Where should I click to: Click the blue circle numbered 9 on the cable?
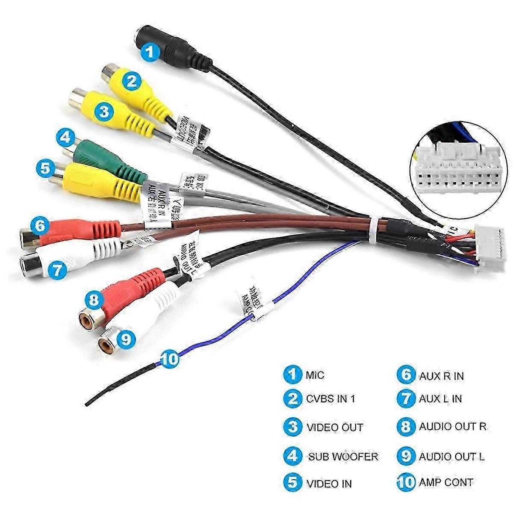(125, 339)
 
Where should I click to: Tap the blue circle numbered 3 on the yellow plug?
(103, 112)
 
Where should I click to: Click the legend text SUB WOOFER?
(343, 457)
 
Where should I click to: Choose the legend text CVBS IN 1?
(330, 399)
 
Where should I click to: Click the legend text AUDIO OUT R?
(453, 426)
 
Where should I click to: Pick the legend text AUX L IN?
(440, 399)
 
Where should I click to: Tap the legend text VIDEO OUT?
(335, 427)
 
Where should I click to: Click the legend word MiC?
(315, 375)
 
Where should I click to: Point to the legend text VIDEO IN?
(329, 484)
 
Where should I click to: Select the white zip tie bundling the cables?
(375, 231)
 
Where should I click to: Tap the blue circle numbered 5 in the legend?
(292, 483)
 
